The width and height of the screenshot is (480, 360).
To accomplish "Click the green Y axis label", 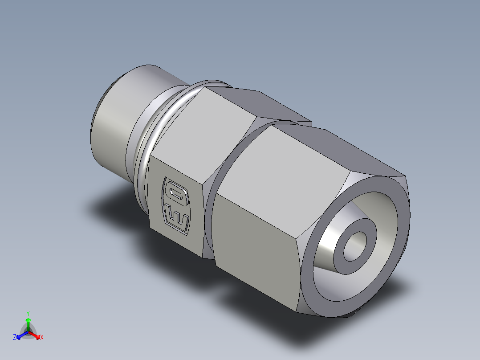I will (x=28, y=313).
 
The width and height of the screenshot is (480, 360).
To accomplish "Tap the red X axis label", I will (x=42, y=338).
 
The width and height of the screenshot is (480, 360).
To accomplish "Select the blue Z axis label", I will (x=15, y=338).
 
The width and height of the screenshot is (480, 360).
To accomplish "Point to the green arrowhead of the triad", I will (x=28, y=320).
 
